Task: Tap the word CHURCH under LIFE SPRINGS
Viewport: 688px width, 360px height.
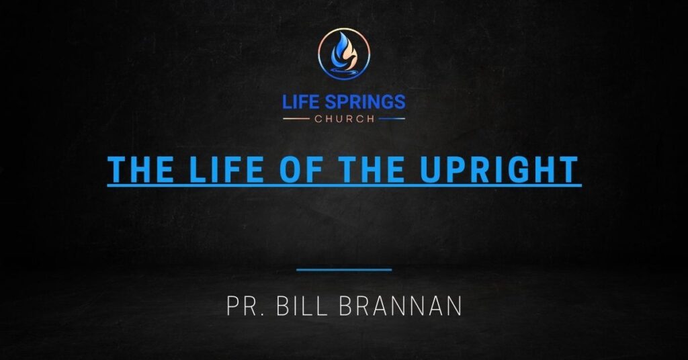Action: click(x=344, y=120)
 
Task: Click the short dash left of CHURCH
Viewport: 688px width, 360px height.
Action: click(x=296, y=120)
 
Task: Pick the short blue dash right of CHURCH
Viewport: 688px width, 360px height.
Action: click(x=392, y=120)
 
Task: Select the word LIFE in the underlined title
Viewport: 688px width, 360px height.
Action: click(x=219, y=169)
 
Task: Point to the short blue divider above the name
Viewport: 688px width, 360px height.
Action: click(x=344, y=270)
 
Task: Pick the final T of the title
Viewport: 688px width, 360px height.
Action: click(x=568, y=169)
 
